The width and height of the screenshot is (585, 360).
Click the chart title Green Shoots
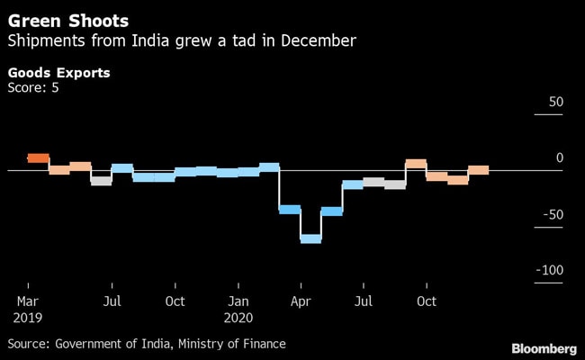[67, 20]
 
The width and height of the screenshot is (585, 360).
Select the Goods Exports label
[58, 72]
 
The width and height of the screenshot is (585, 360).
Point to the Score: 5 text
[33, 87]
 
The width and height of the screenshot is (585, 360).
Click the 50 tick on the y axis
[555, 103]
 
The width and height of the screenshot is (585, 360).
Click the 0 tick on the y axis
[559, 158]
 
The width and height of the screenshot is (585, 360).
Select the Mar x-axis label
[27, 301]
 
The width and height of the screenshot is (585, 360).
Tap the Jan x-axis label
[238, 301]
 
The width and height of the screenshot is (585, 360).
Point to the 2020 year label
[239, 318]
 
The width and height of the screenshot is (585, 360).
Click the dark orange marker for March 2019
[38, 157]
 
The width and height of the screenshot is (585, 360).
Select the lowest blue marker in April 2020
[310, 238]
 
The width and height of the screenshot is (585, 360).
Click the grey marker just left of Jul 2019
[101, 181]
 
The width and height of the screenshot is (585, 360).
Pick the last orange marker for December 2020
[479, 170]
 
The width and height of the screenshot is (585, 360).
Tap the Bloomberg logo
[544, 347]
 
